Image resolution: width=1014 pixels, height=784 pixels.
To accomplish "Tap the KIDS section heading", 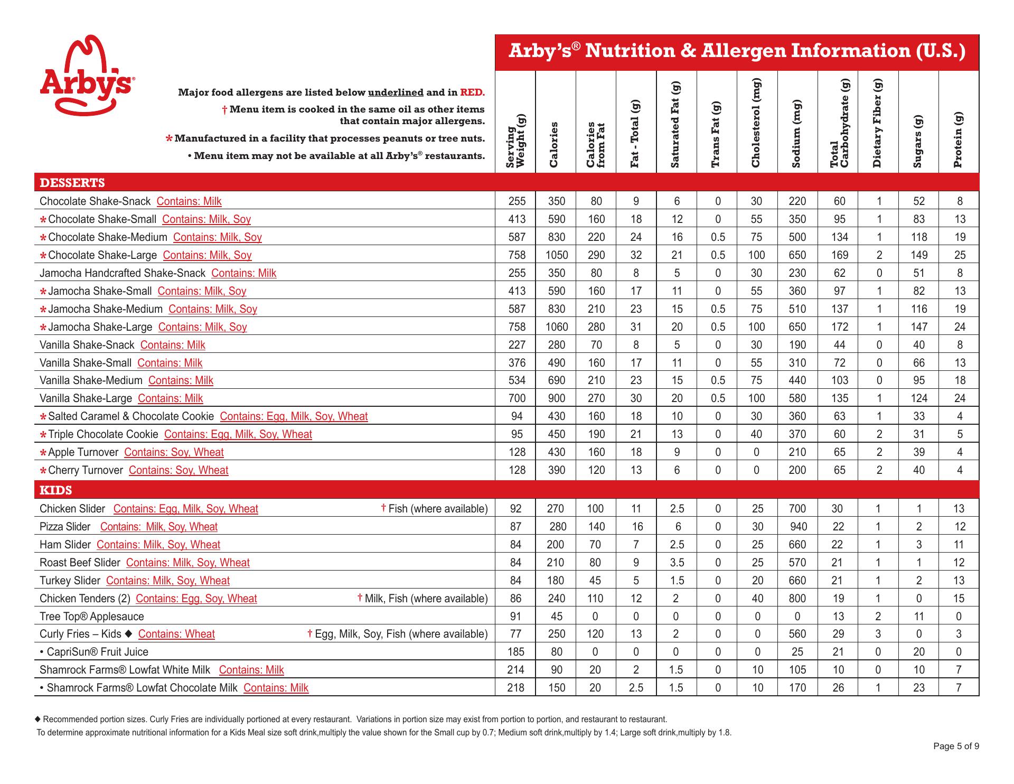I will click(x=56, y=490).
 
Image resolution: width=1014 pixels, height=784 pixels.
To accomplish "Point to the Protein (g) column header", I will click(x=959, y=140).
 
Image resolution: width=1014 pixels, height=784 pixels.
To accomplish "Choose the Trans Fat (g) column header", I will click(x=717, y=135).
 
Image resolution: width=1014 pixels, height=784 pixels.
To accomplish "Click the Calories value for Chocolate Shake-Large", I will click(x=557, y=255).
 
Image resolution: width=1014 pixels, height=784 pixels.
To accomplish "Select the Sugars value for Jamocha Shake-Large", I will click(x=919, y=327).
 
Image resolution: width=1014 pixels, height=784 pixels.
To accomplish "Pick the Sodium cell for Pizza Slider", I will click(x=797, y=527).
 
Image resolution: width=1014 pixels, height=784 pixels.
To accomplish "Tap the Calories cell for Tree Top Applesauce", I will click(x=557, y=617).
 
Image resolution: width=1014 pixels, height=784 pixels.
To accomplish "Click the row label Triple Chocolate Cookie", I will click(x=103, y=434).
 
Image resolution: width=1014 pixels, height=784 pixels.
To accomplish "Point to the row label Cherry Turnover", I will click(x=85, y=470).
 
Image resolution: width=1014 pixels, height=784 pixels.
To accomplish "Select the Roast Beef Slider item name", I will click(x=80, y=563).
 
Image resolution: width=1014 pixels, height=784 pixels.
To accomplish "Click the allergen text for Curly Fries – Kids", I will click(x=176, y=634).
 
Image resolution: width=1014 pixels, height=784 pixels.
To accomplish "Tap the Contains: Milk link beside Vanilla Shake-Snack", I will click(x=173, y=345).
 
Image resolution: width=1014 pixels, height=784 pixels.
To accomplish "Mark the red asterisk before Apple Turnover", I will click(x=43, y=453).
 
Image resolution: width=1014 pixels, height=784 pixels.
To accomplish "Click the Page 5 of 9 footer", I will click(x=956, y=746).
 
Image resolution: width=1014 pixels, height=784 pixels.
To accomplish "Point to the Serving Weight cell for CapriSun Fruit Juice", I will click(x=516, y=652).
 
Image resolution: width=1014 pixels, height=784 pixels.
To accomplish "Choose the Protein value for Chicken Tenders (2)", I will click(x=959, y=599).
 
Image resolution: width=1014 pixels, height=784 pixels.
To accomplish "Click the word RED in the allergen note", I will click(x=472, y=92).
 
